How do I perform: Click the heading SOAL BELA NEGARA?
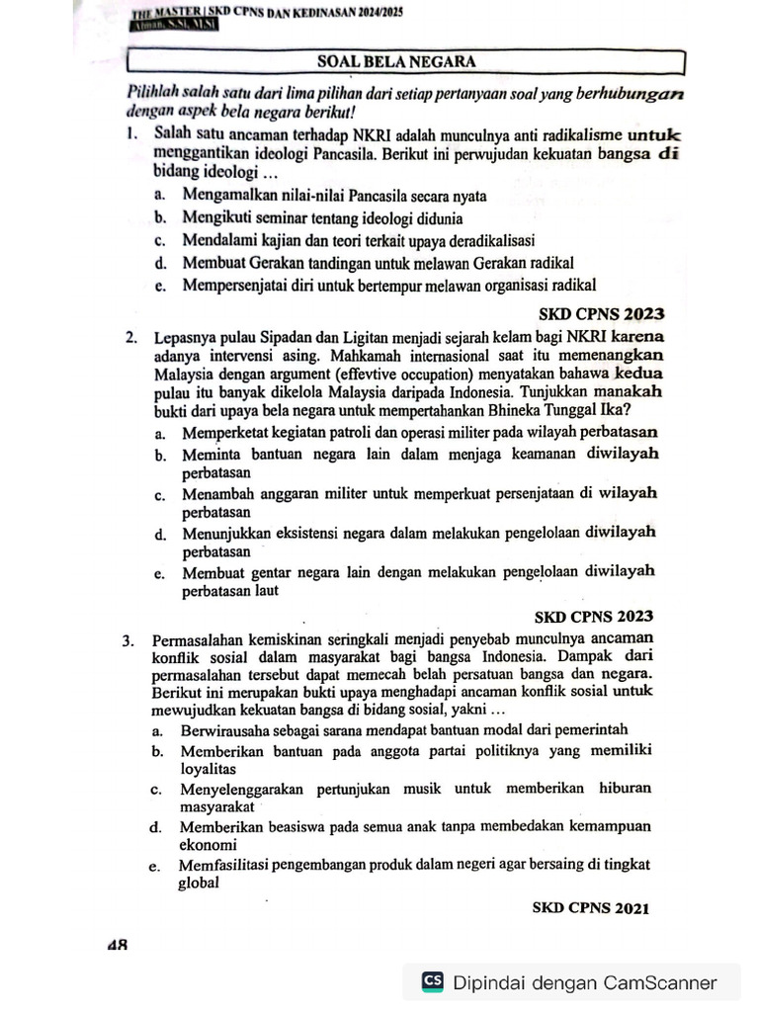pyautogui.click(x=396, y=61)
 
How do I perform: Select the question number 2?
pyautogui.click(x=130, y=338)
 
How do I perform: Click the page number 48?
pyautogui.click(x=118, y=945)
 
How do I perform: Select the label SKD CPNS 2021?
pyautogui.click(x=590, y=907)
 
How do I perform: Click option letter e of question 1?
pyautogui.click(x=159, y=286)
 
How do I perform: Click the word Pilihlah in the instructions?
pyautogui.click(x=155, y=91)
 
